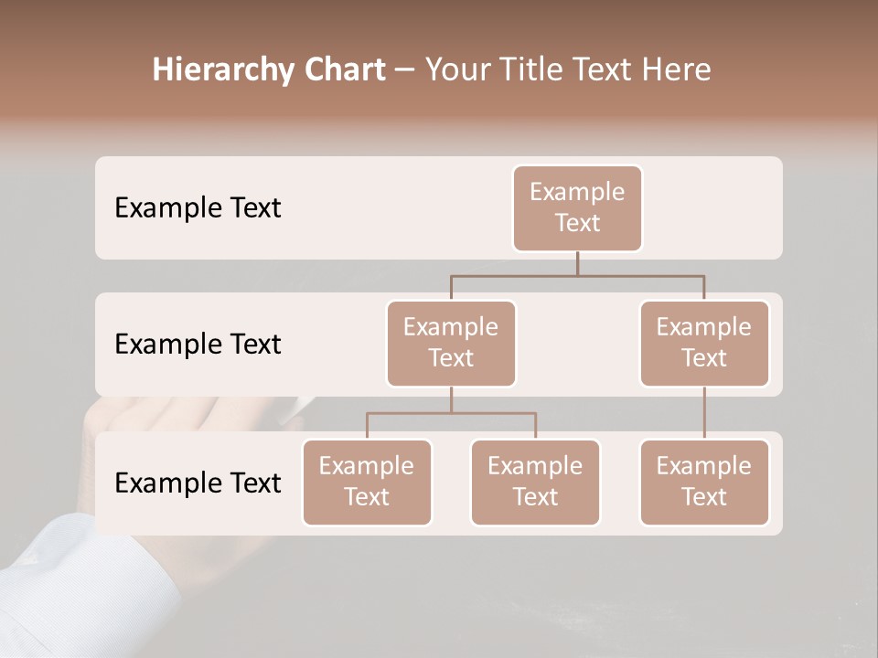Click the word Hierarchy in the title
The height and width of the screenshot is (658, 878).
[x=221, y=70]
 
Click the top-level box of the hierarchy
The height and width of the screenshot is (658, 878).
[x=577, y=207]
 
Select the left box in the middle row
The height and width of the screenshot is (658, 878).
[x=451, y=343]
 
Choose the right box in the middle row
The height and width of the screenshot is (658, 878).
[x=704, y=343]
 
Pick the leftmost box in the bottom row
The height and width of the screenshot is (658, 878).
[x=367, y=482]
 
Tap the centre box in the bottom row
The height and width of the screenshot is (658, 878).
[x=535, y=482]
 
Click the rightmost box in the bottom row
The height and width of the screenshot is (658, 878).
[x=704, y=482]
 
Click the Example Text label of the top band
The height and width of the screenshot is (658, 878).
[x=198, y=207]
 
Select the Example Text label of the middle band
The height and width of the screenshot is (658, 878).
[x=198, y=344]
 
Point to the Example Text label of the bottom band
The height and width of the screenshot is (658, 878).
[x=198, y=483]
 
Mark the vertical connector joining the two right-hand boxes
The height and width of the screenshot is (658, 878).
[x=704, y=413]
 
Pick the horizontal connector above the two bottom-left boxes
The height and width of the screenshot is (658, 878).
[x=451, y=413]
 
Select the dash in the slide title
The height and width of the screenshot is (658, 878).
[x=405, y=70]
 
